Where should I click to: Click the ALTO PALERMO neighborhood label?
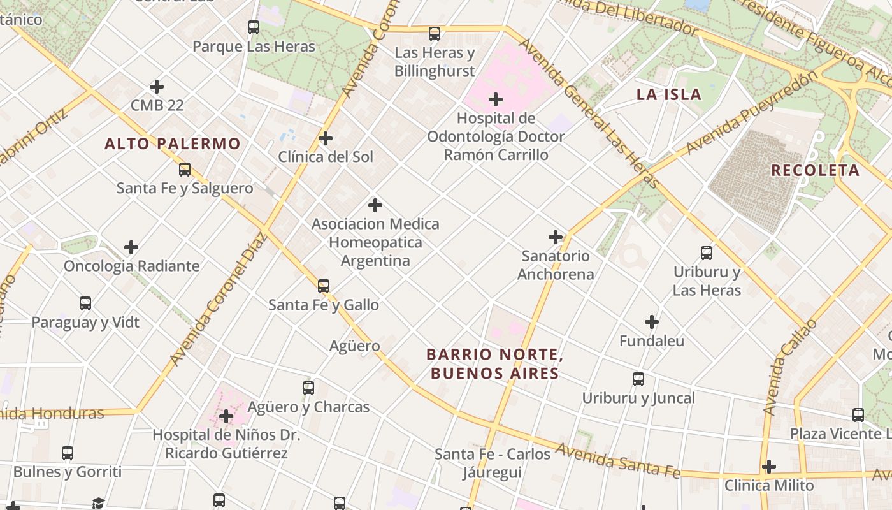[173, 144]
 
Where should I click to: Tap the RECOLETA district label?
[815, 170]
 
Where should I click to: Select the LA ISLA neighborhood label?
[668, 95]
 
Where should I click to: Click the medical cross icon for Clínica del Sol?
[326, 138]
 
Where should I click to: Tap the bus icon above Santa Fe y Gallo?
[324, 286]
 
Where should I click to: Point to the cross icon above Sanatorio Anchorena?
[556, 237]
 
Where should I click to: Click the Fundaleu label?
[652, 341]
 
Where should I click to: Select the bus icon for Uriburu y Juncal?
[638, 379]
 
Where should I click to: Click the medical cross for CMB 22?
[157, 87]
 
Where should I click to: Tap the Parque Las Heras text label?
[254, 47]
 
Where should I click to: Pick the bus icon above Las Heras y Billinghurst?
[435, 34]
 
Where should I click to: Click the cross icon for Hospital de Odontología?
[496, 99]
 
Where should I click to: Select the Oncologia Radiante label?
[131, 266]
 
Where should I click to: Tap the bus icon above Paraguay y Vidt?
[85, 303]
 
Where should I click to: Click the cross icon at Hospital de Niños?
[226, 417]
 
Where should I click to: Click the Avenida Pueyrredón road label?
[752, 113]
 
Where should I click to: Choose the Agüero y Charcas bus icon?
[308, 388]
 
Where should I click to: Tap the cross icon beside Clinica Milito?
[769, 467]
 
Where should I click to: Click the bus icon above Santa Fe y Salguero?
[185, 170]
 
